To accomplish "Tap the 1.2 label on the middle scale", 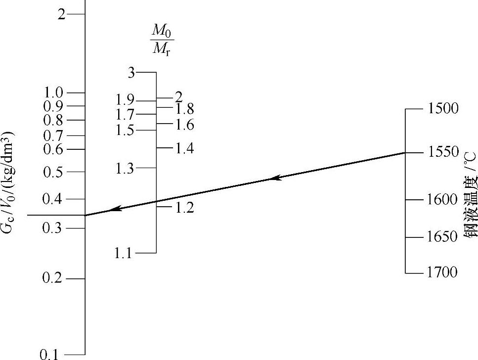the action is point(184,208).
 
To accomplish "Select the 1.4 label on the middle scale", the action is point(184,148).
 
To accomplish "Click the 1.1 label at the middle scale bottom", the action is point(123,253).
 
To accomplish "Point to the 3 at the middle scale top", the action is point(131,73).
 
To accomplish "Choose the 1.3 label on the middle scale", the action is point(125,169).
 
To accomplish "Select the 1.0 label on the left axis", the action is point(54,92).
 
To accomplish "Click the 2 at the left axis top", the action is point(61,14).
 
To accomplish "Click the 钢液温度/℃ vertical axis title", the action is point(470,195).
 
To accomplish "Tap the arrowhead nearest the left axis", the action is point(115,209).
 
